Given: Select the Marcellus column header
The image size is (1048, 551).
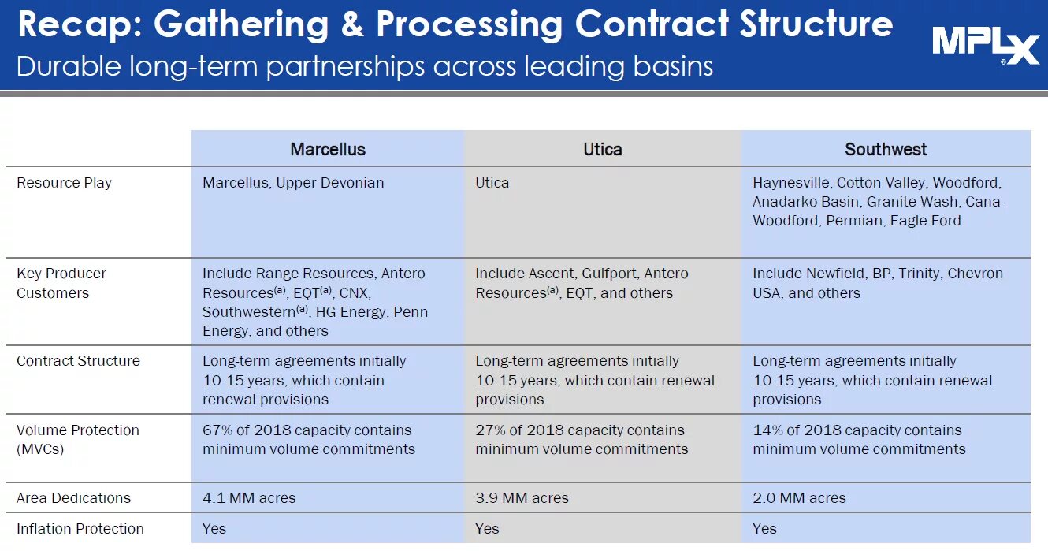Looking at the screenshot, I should [x=328, y=150].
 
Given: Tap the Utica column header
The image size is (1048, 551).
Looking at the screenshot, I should [x=602, y=150].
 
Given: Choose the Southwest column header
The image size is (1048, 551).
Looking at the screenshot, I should [x=886, y=150].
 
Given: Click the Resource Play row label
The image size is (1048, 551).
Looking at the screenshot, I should [x=64, y=183].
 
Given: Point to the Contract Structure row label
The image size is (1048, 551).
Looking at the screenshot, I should [x=78, y=361].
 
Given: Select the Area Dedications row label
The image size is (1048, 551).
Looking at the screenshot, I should [x=74, y=498].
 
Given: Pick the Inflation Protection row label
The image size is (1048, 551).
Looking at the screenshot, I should [x=80, y=529].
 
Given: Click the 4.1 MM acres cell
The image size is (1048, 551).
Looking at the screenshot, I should [x=249, y=498].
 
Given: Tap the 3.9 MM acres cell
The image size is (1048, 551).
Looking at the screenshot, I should [x=522, y=498].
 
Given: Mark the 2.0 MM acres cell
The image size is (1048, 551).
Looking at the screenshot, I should [x=799, y=498].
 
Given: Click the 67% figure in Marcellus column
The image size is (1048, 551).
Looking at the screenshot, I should [x=217, y=430].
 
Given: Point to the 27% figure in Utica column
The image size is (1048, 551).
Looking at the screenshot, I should [x=490, y=430].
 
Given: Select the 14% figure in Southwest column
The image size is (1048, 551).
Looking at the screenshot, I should [x=767, y=430].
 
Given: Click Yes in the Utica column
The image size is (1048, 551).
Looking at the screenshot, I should [x=487, y=529].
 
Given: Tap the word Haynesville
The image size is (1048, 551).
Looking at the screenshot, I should [x=790, y=183].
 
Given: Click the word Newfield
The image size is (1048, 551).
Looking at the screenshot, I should [x=834, y=274].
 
